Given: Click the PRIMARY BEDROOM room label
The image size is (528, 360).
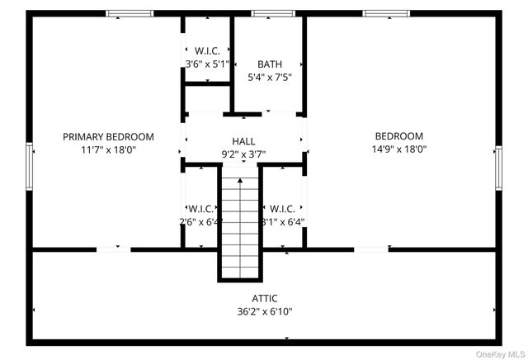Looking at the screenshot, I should tap(108, 137).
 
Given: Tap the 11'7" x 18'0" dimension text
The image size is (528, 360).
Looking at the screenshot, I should tap(108, 150).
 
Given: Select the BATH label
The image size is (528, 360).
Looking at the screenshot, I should tap(269, 64).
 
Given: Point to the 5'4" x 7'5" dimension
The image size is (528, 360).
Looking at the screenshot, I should tap(269, 78).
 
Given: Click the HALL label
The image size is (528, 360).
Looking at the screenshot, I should tap(243, 141).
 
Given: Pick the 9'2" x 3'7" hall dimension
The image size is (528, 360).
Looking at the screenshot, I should tap(243, 154).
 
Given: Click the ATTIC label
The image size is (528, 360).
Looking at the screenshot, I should tap(265, 298).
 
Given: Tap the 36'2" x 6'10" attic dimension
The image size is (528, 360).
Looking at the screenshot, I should tap(265, 311).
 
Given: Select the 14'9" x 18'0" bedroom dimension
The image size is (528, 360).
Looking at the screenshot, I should tap(398, 149).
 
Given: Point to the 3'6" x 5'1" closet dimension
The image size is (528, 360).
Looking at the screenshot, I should tap(205, 64).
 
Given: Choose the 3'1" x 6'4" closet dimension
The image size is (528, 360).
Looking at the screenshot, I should tap(283, 221).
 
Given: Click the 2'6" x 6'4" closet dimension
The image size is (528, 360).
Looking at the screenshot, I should tap(200, 221).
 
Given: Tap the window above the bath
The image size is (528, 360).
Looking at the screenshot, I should tap(267, 13).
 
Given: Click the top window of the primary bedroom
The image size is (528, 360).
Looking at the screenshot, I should tap(130, 13).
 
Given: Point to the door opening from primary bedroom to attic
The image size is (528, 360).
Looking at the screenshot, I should tap(114, 248).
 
